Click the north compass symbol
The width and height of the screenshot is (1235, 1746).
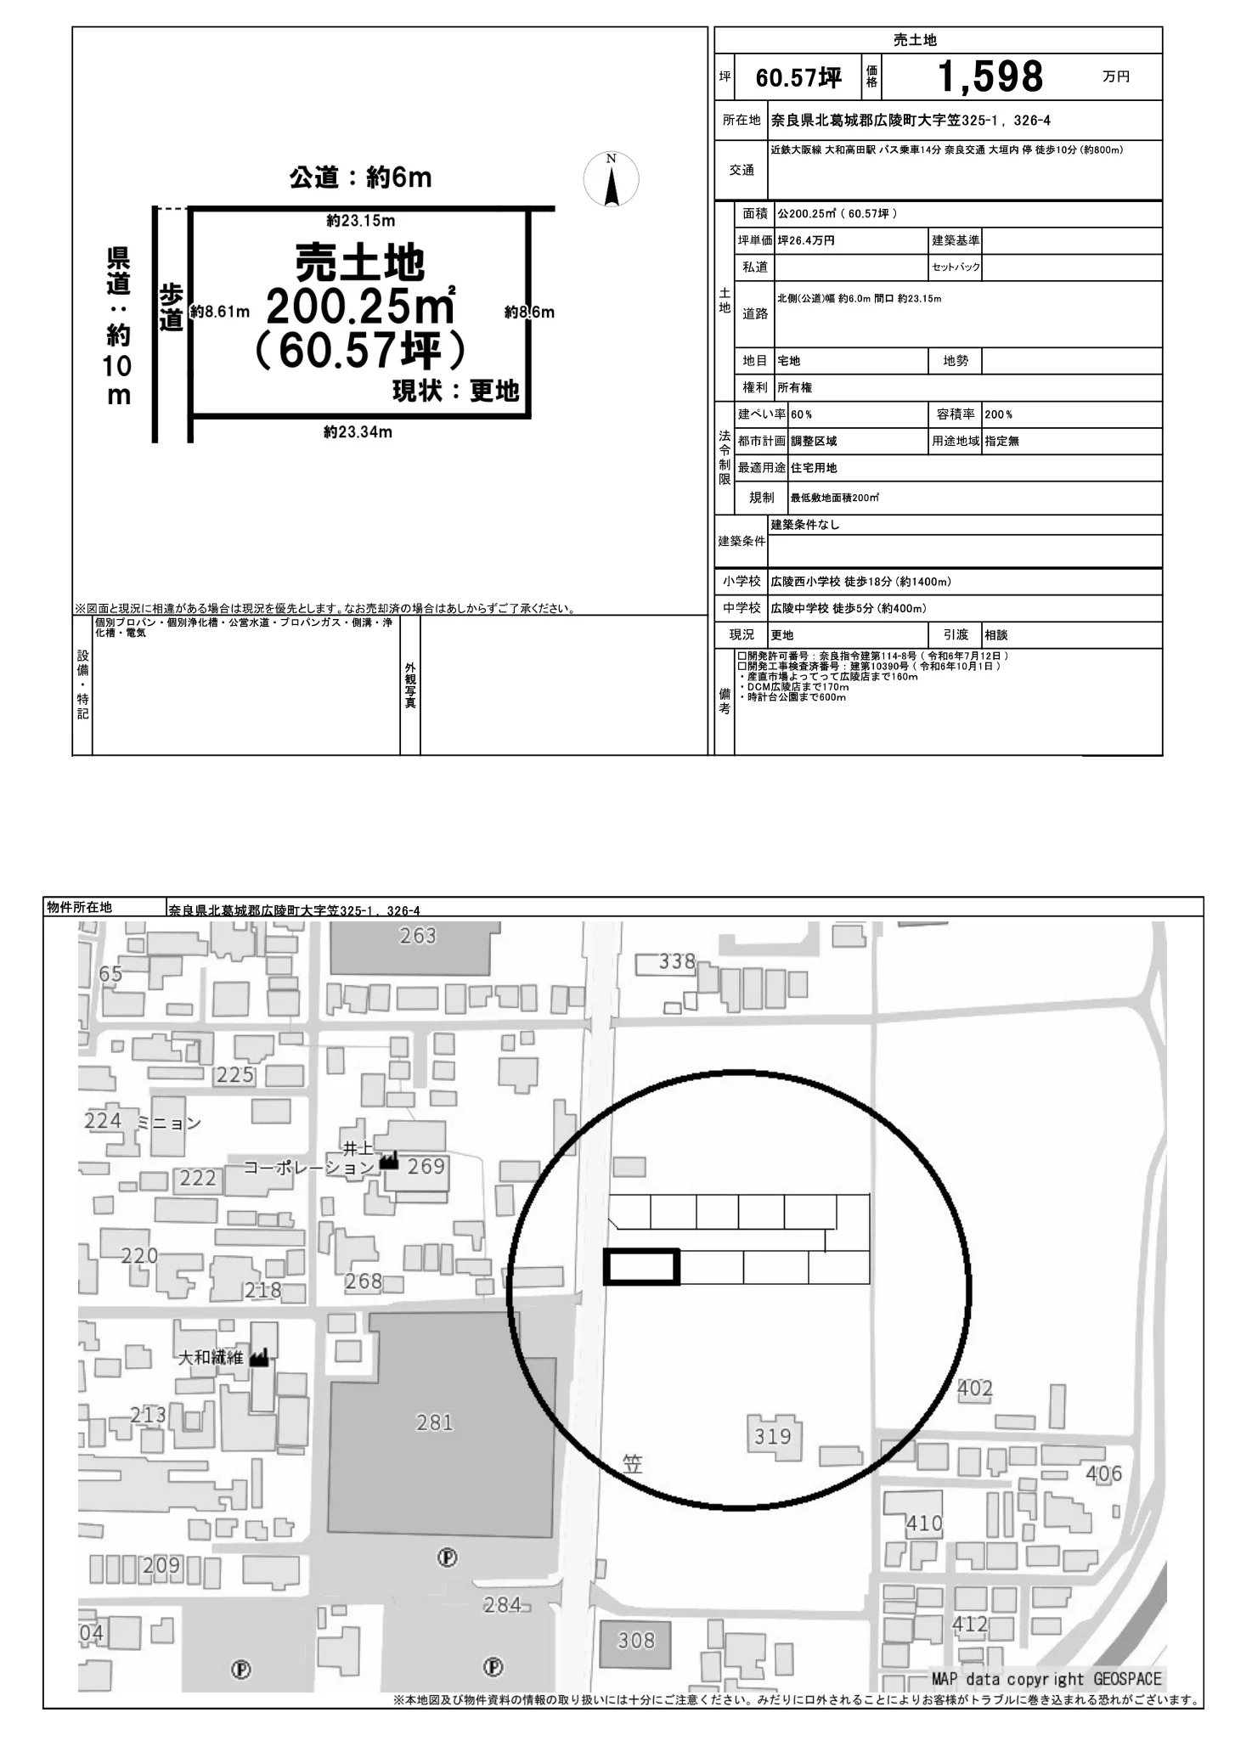(x=611, y=180)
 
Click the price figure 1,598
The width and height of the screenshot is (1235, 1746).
(x=990, y=77)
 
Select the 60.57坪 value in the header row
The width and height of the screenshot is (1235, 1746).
(x=798, y=78)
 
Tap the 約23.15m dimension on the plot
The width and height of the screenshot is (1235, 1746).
(x=361, y=222)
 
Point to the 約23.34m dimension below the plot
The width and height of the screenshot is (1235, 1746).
(x=358, y=432)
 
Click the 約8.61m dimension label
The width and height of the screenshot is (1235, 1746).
(x=220, y=313)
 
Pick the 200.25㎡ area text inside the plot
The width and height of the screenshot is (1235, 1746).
(x=361, y=307)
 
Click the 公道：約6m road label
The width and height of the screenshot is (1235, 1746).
(x=360, y=177)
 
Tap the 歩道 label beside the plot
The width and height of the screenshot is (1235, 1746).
(x=172, y=307)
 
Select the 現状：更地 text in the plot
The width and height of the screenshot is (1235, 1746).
(x=455, y=391)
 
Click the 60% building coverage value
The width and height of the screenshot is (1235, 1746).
(x=801, y=414)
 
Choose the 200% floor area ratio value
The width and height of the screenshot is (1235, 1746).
(x=999, y=414)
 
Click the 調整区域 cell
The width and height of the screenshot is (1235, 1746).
(x=814, y=442)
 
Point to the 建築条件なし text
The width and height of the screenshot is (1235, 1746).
(x=804, y=525)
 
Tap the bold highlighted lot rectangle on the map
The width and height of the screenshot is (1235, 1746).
(x=641, y=1266)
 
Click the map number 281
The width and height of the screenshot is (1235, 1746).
(x=434, y=1422)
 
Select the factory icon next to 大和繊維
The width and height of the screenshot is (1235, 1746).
(x=260, y=1358)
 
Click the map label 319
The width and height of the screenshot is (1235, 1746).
(x=772, y=1436)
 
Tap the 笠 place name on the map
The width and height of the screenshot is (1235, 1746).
(x=633, y=1464)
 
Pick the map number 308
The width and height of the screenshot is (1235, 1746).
(x=635, y=1639)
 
